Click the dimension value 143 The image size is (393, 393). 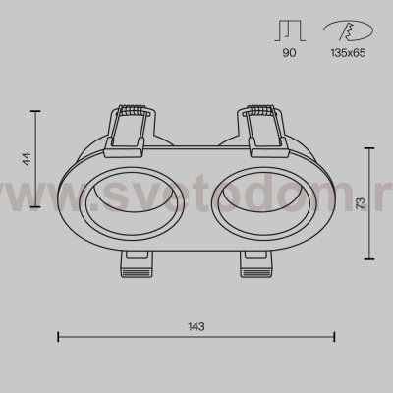point(196,326)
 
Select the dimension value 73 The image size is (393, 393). point(360,203)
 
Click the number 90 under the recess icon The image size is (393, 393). point(289,52)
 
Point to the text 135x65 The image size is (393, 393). point(348,52)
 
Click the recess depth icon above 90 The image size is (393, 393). point(290,30)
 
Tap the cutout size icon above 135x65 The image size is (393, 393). point(348,30)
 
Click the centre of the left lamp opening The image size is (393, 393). point(132,203)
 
